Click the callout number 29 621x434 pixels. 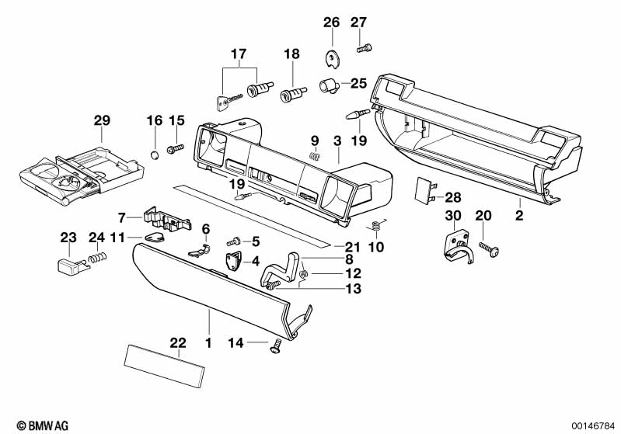[x=102, y=120]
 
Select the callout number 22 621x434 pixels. [x=179, y=342]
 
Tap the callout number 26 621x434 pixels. [x=332, y=22]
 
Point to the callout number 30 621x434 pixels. [x=454, y=214]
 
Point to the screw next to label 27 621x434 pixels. [x=363, y=49]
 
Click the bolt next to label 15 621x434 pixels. [x=174, y=147]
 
